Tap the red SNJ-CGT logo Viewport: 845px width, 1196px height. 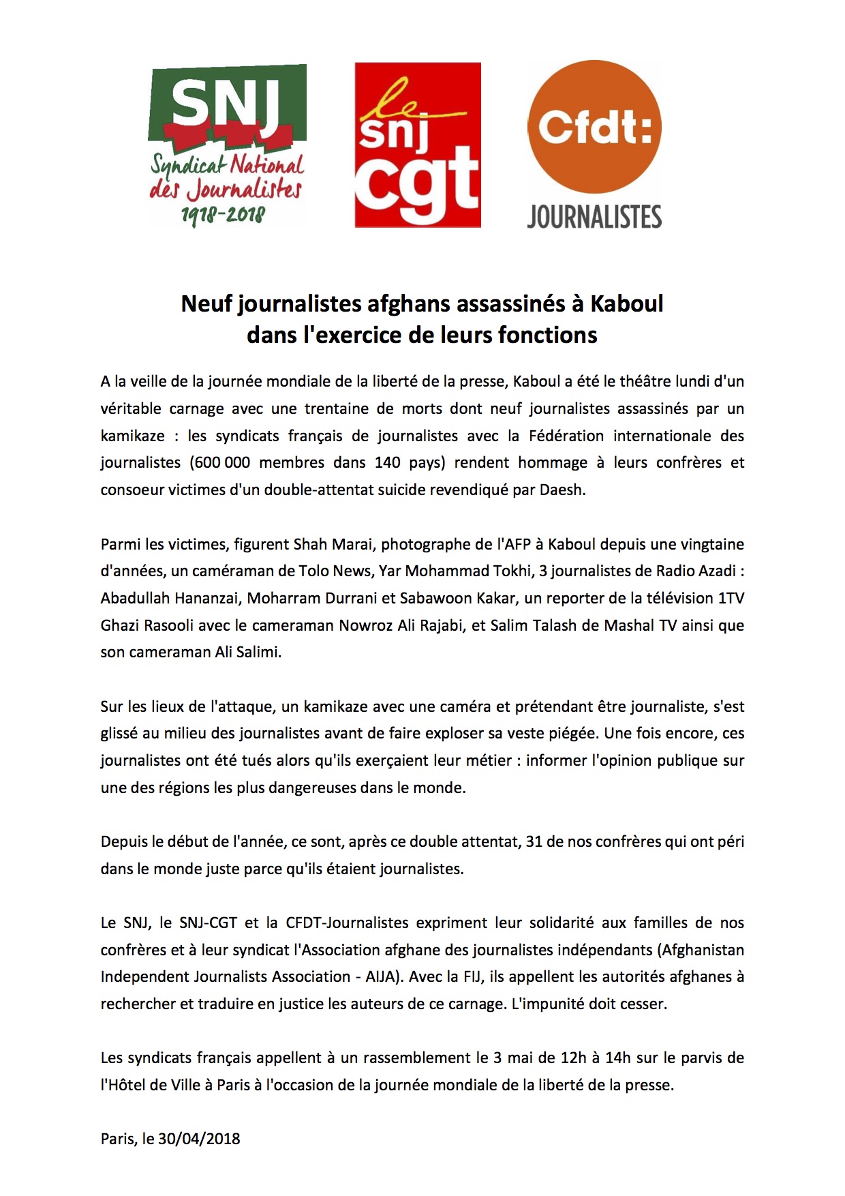coord(418,145)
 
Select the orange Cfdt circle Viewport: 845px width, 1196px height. coord(594,127)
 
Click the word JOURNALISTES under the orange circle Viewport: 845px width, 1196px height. coord(594,217)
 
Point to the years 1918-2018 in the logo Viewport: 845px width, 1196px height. coord(223,215)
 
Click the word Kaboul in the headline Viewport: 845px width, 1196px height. coord(626,303)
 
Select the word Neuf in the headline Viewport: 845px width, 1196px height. coord(207,303)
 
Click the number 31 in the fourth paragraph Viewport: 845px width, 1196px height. coord(534,841)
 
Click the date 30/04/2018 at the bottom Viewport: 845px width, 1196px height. coord(199,1139)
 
